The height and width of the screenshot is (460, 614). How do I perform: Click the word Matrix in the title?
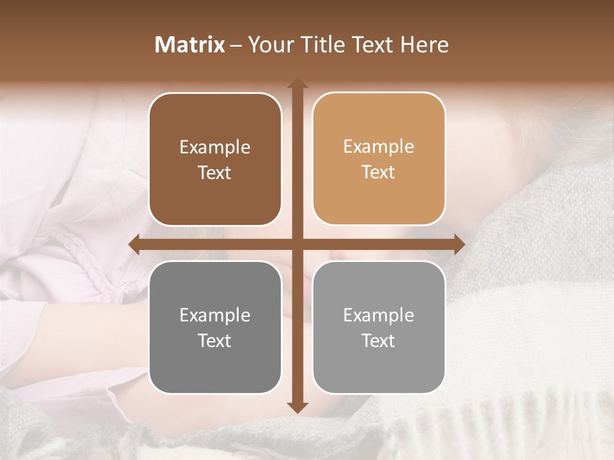click(x=190, y=45)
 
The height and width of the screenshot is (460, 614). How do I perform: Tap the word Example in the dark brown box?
click(x=215, y=148)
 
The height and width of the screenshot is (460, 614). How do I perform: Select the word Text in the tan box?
click(x=379, y=172)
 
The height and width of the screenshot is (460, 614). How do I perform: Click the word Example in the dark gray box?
click(x=215, y=316)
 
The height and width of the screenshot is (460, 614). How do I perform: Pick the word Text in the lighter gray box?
click(x=379, y=341)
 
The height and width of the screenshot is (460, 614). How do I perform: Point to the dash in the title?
click(x=237, y=45)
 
